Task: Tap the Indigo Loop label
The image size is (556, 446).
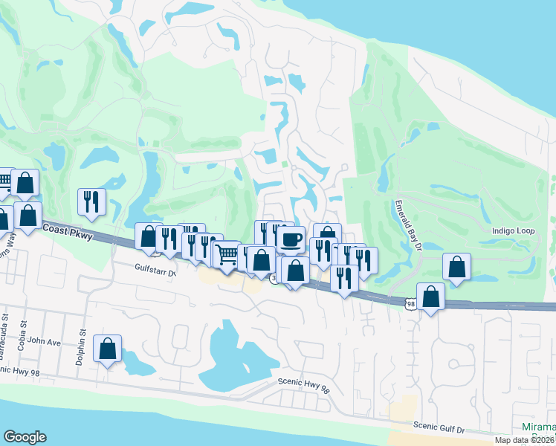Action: click(x=513, y=231)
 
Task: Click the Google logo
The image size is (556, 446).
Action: click(x=25, y=437)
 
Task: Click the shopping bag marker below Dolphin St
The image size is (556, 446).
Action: click(x=108, y=348)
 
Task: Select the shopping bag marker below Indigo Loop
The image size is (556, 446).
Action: click(x=456, y=266)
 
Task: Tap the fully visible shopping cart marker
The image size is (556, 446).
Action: click(x=227, y=254)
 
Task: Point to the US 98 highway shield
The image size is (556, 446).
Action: click(x=411, y=303)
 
